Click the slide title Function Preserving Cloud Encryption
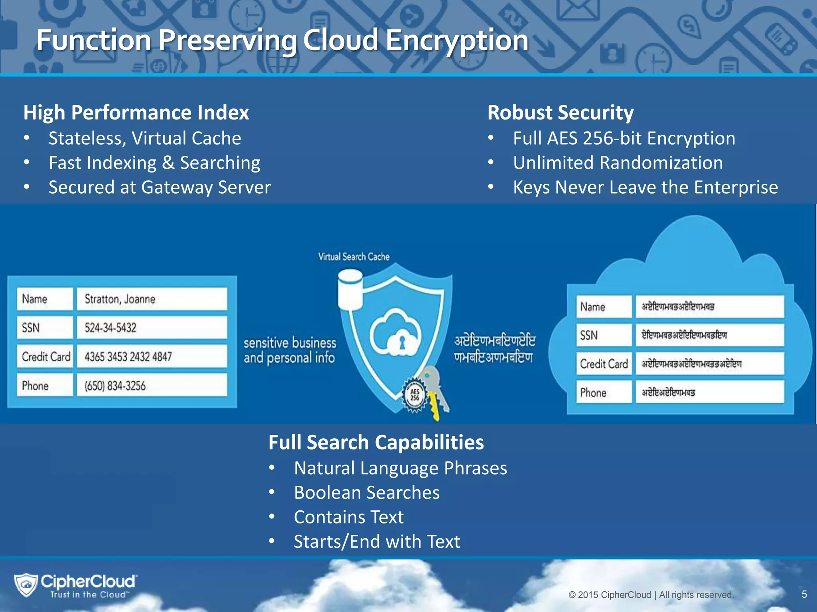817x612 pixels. point(282,41)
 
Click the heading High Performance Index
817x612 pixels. point(136,112)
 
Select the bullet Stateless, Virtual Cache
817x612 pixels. point(144,138)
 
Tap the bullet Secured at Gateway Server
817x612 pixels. point(160,187)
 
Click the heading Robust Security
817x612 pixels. point(560,112)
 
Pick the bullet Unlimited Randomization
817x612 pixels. point(618,163)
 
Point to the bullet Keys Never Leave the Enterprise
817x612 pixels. point(645,187)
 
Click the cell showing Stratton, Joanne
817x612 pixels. point(152,299)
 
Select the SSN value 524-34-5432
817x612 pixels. point(152,328)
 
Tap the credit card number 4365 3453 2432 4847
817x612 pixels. point(152,357)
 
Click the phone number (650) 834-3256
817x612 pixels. point(152,385)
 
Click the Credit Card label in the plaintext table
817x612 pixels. point(45,357)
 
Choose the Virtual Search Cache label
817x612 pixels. point(353,257)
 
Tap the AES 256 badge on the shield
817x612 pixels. point(414,395)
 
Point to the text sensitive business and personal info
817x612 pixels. point(290,350)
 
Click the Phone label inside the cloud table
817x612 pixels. point(593,392)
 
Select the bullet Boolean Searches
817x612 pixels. point(366,492)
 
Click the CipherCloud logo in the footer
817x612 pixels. point(76,585)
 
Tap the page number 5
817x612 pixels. point(804,594)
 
